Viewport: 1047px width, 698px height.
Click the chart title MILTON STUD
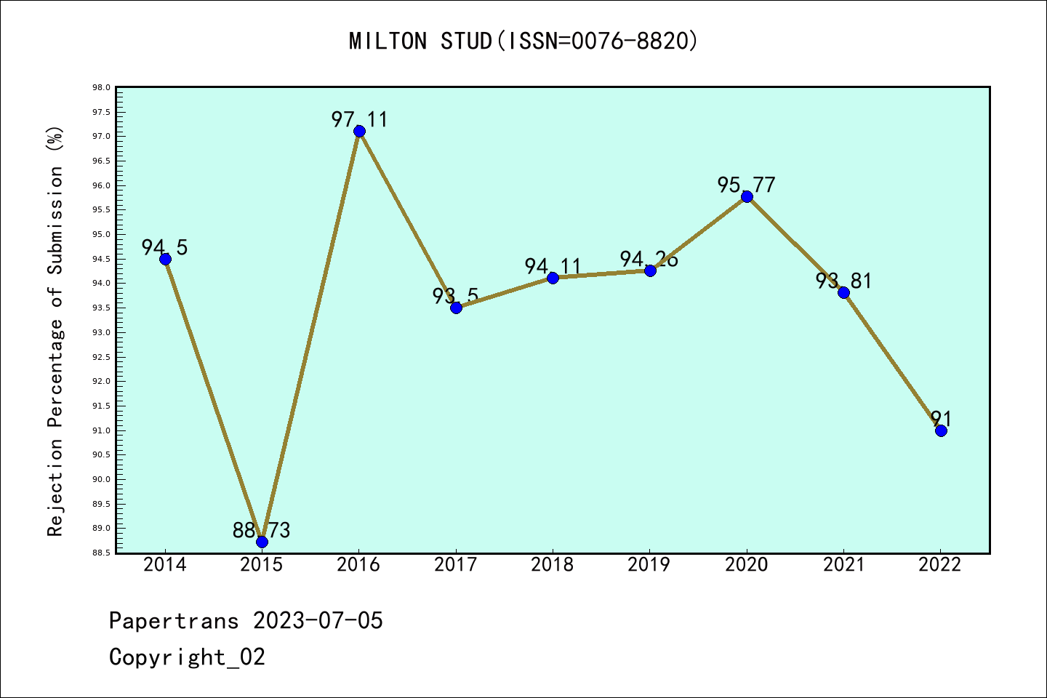point(523,41)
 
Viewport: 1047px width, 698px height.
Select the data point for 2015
point(262,542)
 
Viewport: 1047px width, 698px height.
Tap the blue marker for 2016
point(359,131)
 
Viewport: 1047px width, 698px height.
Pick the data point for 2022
point(941,430)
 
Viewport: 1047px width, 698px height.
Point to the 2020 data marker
point(747,197)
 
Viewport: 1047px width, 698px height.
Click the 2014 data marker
point(165,259)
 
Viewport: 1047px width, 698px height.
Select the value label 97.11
point(359,119)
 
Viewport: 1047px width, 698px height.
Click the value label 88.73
point(261,531)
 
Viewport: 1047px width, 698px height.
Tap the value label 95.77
point(746,185)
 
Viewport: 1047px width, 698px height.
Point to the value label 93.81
point(843,281)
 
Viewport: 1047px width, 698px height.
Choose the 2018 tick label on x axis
point(552,565)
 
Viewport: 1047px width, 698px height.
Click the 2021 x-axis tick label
point(843,565)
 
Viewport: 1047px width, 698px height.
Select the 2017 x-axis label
point(455,565)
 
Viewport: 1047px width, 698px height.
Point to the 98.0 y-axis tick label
point(101,88)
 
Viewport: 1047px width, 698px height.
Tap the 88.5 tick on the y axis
point(101,553)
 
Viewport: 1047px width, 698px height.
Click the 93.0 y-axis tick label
point(101,333)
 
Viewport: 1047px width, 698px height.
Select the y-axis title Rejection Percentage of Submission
point(56,331)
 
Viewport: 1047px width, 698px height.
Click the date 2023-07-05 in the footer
point(318,621)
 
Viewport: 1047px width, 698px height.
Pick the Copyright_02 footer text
point(187,657)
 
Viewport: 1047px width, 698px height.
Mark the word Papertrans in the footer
point(174,621)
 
